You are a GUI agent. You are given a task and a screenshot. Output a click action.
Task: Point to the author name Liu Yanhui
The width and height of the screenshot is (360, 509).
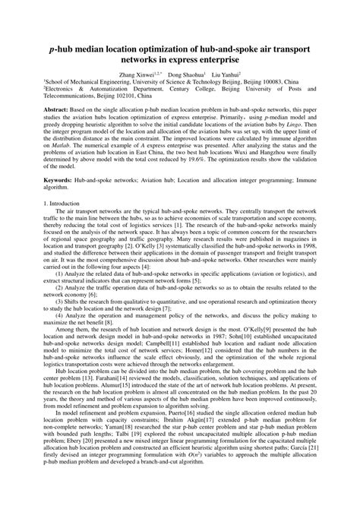226,75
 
